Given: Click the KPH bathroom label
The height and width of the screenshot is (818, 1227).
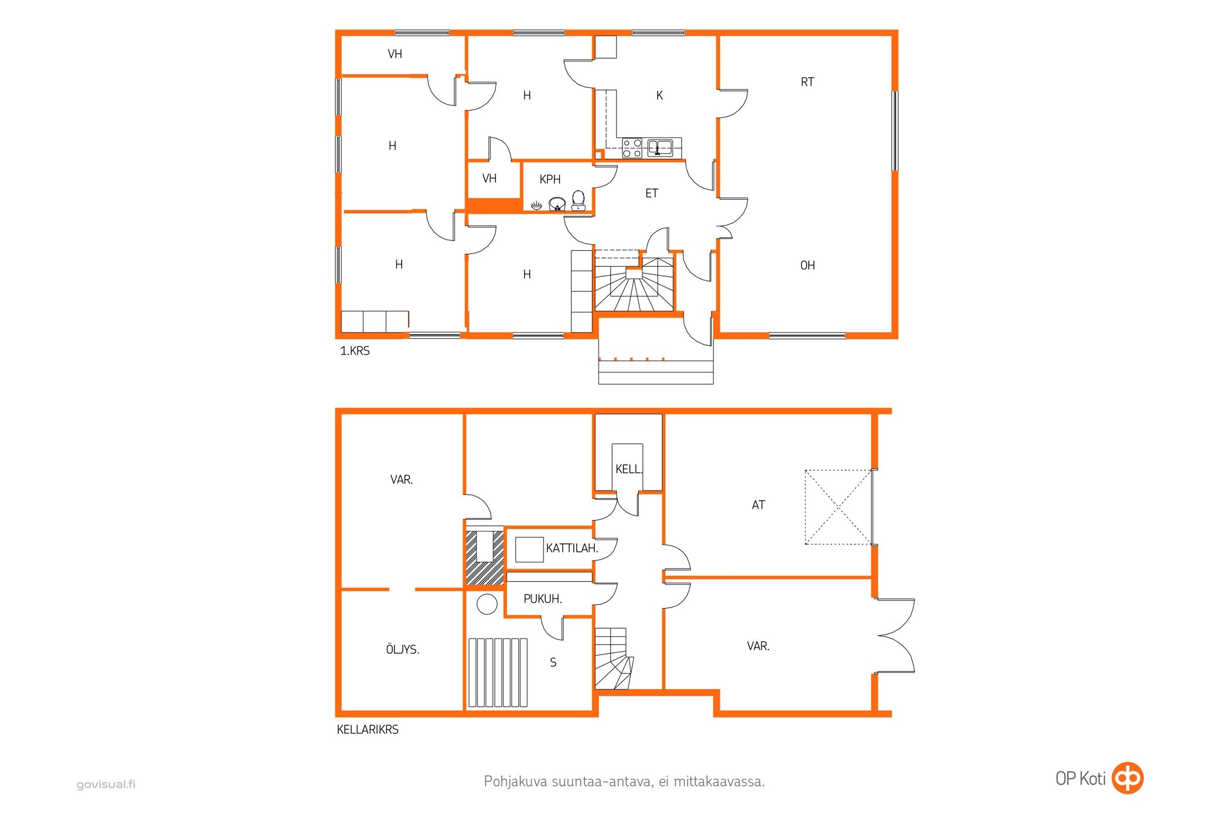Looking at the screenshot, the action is tap(550, 179).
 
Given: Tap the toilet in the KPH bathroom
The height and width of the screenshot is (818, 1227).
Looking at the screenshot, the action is tap(578, 200).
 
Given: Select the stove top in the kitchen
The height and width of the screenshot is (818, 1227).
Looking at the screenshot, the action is tap(632, 148).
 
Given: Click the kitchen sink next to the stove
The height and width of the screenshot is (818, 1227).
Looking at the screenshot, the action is tap(660, 148).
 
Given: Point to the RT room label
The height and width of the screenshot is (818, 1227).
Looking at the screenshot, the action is tap(807, 82).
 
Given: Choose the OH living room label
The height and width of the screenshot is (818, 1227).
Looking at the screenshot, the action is tap(807, 265).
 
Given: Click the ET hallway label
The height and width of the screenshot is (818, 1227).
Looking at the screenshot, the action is tap(651, 194).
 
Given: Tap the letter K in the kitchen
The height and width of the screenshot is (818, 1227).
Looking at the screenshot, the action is tap(659, 96).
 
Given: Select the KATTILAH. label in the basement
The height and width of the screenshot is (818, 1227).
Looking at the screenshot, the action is tap(571, 548).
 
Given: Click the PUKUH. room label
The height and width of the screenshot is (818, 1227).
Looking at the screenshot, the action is tap(542, 599).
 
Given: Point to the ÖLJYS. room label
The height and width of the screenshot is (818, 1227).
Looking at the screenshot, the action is tap(403, 649).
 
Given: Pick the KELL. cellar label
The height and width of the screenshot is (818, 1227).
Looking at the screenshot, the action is tap(629, 469).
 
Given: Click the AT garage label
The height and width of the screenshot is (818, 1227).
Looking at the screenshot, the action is tap(758, 505).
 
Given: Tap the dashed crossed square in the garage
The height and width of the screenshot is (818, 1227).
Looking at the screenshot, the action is tap(838, 507).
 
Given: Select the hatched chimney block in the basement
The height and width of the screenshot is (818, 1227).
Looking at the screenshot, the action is tap(484, 558).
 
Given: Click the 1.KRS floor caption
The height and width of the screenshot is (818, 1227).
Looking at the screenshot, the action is tap(355, 351).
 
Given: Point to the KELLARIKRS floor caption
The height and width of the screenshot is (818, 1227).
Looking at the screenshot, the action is tap(367, 730).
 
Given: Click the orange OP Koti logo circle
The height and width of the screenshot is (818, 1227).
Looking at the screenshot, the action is tap(1127, 778).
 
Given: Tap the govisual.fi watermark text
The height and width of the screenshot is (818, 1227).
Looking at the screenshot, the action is tap(106, 784).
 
